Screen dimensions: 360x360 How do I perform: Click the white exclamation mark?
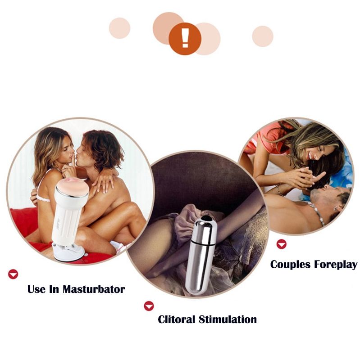pos(185,38)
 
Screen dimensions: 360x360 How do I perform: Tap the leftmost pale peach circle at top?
pos(119,28)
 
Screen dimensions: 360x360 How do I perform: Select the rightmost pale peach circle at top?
pos(263,36)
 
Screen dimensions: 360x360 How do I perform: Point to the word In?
pos(54,289)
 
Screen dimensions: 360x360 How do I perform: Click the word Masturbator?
pos(94,289)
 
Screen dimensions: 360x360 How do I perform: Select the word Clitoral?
pos(176,319)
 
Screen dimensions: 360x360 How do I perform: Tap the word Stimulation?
pos(228,319)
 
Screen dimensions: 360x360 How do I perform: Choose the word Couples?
pos(290,265)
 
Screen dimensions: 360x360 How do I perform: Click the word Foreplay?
pos(336,265)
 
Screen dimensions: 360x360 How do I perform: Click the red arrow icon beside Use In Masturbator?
pos(13,274)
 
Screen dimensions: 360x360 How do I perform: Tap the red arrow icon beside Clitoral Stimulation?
pos(149,306)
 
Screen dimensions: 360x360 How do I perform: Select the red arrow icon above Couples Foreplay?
pos(282,244)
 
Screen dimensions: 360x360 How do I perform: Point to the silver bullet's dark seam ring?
pos(203,243)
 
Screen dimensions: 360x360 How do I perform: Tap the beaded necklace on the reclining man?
pos(318,212)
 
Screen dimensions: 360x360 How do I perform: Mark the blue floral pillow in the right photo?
pos(340,175)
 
